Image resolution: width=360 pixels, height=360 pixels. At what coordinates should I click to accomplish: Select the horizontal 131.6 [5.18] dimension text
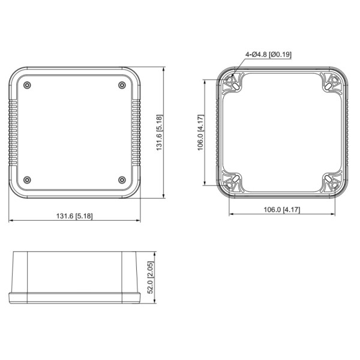click(74, 216)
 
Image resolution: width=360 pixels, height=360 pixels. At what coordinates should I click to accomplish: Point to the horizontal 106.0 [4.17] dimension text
click(282, 209)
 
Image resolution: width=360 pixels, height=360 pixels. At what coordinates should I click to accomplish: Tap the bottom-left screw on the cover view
click(27, 180)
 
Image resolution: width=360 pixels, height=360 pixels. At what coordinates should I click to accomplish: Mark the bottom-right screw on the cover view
click(122, 180)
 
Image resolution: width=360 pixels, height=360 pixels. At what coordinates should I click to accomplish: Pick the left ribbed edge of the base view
click(220, 133)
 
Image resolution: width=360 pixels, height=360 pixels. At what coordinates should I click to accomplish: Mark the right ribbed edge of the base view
click(345, 133)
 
